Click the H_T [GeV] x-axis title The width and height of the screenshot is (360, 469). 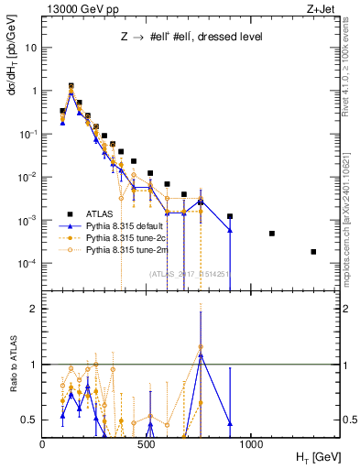[314, 456]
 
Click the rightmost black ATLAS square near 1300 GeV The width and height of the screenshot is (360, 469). [313, 252]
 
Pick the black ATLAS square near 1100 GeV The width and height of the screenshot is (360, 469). [272, 234]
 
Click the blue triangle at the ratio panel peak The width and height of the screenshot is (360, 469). [200, 354]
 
